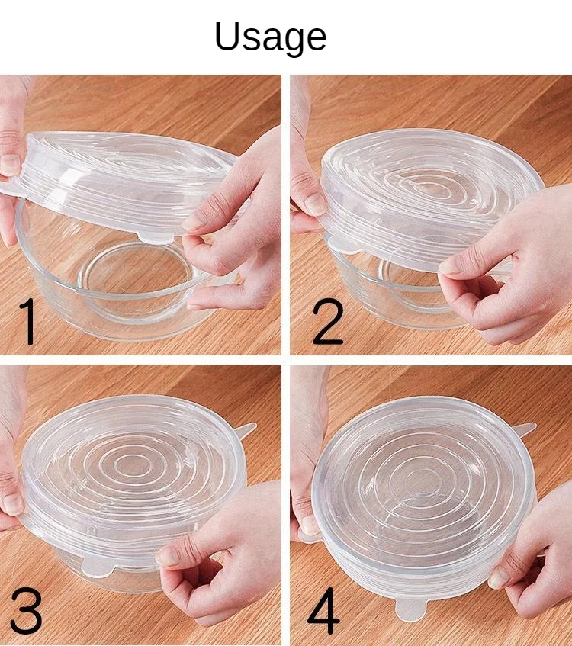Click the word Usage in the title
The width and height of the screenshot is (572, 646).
point(270,37)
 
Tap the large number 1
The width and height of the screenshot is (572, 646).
point(28,322)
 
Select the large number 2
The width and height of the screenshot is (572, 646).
point(328,322)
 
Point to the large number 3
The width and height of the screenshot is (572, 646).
point(26,611)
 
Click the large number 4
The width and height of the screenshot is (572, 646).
point(323,611)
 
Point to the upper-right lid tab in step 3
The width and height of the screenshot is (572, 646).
point(246,432)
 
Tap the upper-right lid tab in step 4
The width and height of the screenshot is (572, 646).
point(525,431)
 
